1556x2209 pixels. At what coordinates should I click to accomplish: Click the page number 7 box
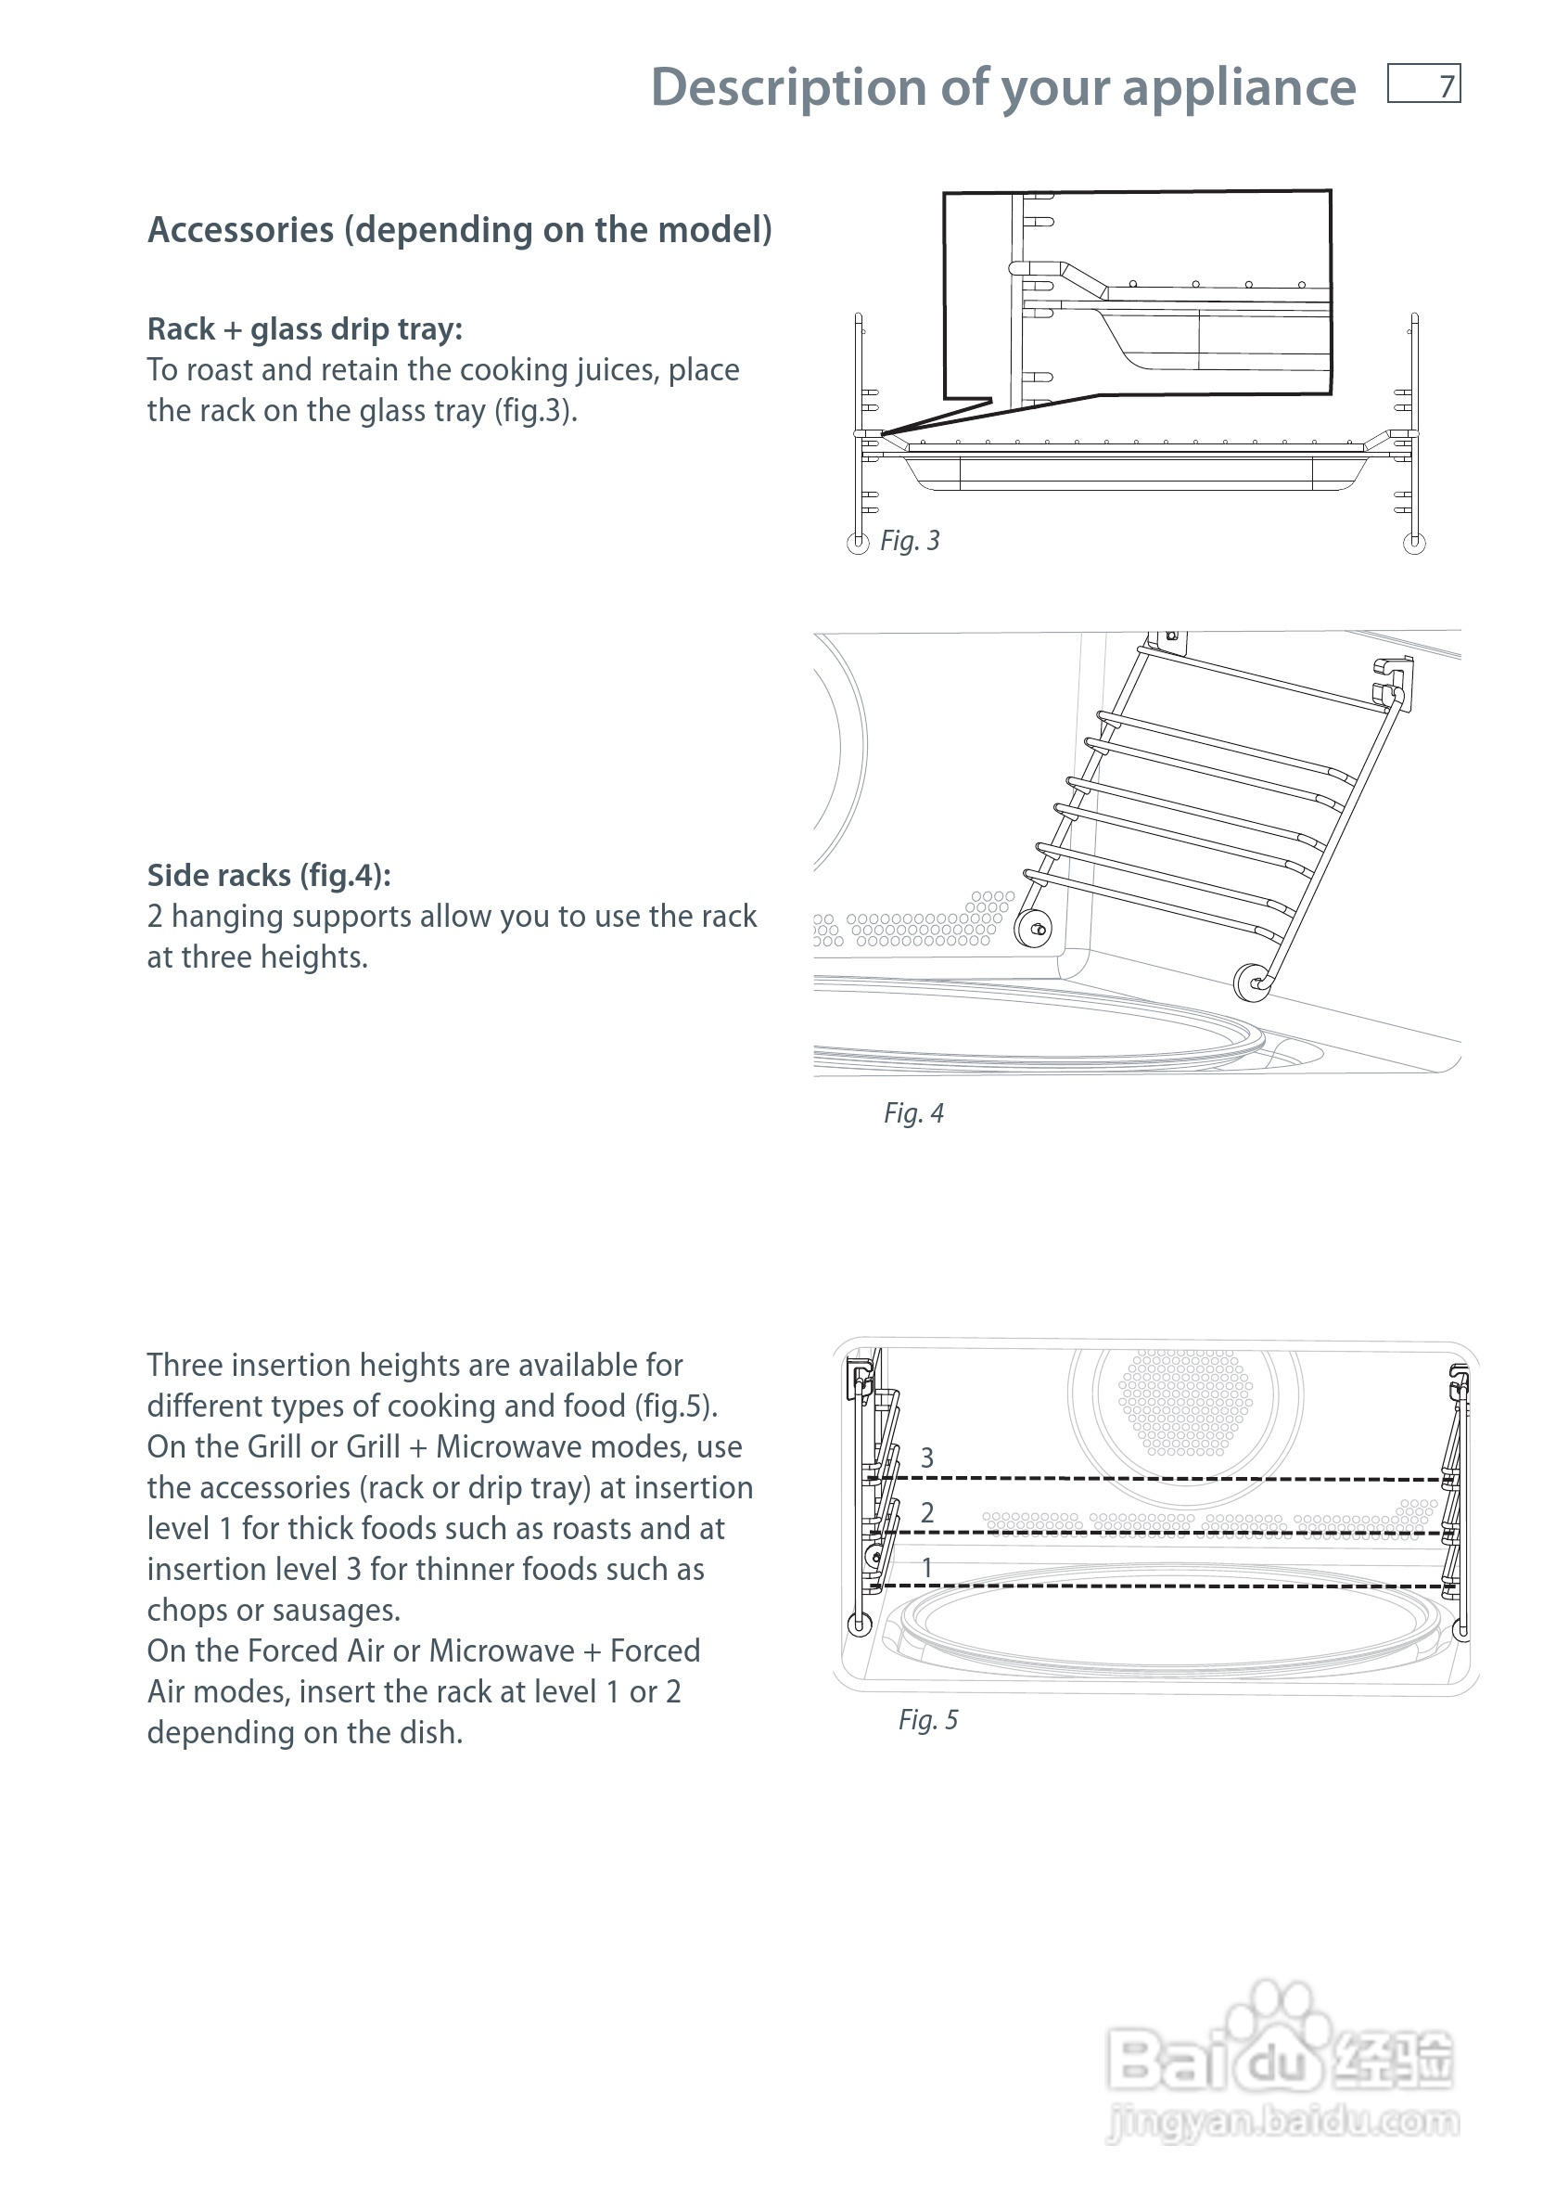click(1423, 84)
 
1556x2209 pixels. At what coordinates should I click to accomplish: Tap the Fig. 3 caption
click(910, 542)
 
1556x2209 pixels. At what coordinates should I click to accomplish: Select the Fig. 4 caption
click(913, 1114)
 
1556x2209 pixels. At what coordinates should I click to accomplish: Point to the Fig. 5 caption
click(928, 1720)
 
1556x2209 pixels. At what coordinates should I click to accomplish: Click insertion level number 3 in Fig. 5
click(927, 1458)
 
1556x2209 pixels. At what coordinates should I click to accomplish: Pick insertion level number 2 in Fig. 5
click(927, 1513)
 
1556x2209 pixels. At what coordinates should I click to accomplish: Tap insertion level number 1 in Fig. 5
click(927, 1567)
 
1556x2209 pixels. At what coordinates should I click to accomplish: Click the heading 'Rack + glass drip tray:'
click(305, 330)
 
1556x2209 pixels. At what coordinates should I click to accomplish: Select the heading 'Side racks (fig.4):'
click(269, 876)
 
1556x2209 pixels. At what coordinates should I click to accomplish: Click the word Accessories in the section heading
click(240, 231)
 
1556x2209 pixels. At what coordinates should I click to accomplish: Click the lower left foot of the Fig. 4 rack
click(1035, 930)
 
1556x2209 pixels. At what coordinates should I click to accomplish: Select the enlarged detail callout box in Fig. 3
click(1137, 293)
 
